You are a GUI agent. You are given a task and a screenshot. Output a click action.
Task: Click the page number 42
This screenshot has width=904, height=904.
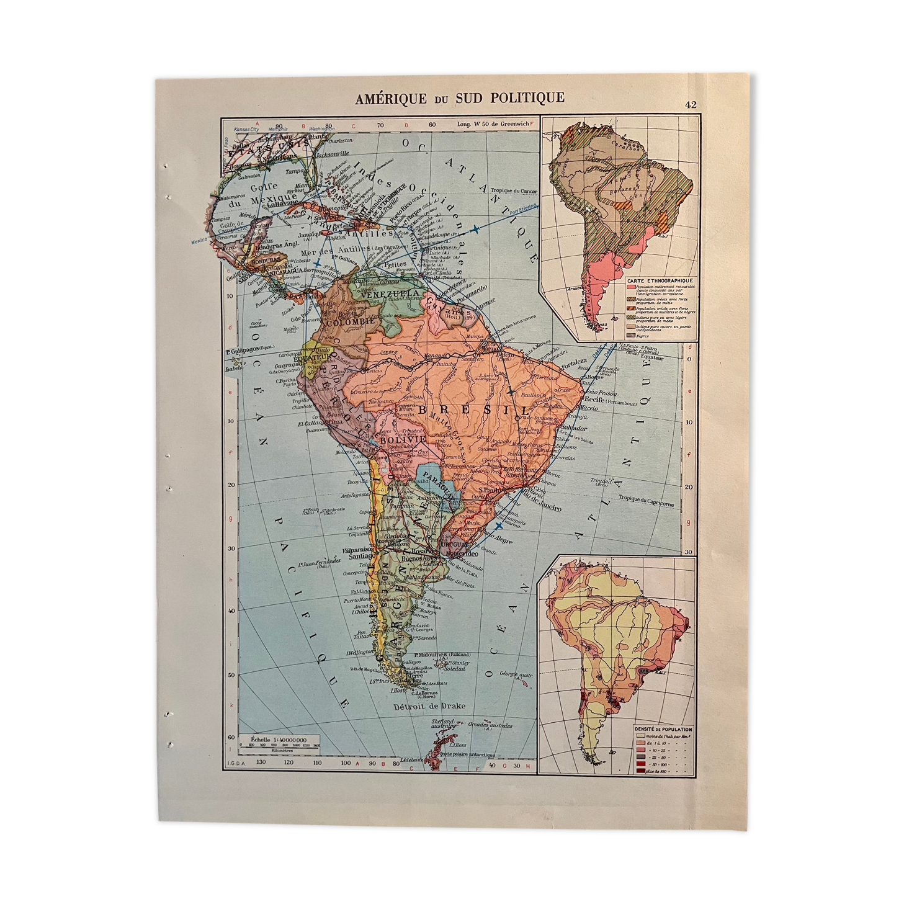tap(691, 105)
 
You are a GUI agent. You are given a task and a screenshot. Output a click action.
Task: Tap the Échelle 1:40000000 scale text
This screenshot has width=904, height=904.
tap(277, 740)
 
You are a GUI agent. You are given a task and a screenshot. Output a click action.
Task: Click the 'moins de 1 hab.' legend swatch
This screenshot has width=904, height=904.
tap(641, 736)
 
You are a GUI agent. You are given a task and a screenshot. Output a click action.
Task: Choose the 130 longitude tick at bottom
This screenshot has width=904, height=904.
tap(261, 762)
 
